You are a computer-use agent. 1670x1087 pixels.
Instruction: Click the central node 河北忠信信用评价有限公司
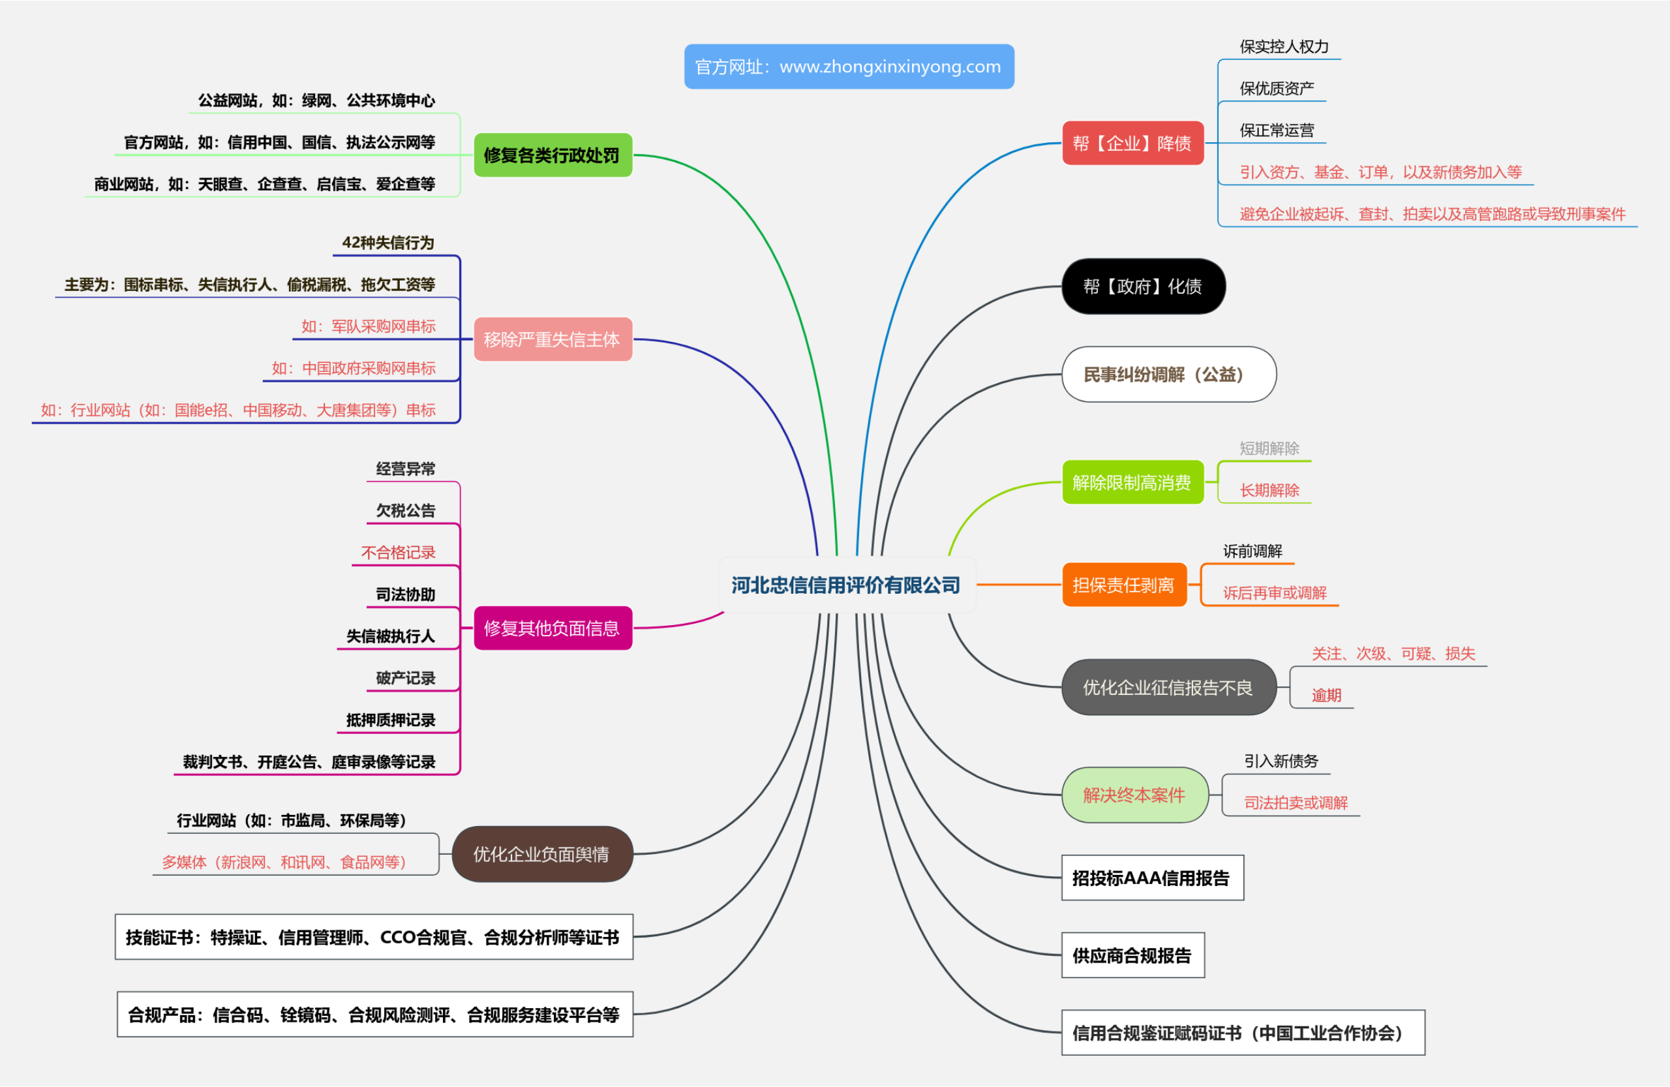click(846, 585)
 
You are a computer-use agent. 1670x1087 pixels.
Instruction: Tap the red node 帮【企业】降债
click(1132, 143)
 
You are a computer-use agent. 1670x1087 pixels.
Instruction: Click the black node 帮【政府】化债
click(1143, 286)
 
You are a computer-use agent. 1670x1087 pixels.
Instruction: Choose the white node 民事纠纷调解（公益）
click(1168, 375)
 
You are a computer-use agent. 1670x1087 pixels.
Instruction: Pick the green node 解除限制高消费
click(1132, 483)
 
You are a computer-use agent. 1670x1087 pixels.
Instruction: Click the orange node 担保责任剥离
click(1124, 585)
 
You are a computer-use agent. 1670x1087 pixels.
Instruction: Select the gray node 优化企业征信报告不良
click(1168, 688)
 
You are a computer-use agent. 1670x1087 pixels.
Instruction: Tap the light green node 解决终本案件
click(1134, 795)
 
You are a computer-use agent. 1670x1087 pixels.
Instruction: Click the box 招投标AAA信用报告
click(1152, 878)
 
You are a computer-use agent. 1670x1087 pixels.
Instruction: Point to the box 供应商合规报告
click(1132, 956)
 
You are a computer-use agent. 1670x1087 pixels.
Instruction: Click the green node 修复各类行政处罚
click(553, 155)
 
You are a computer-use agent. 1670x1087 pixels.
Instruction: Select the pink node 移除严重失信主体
click(553, 340)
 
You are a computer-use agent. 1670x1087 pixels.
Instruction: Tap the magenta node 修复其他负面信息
click(553, 628)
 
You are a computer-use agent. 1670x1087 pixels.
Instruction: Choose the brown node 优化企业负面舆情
click(541, 854)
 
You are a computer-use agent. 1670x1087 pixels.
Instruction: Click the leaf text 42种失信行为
click(388, 243)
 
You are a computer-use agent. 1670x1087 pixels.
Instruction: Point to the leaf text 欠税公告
click(406, 511)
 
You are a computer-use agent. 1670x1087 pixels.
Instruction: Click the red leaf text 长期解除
click(1269, 491)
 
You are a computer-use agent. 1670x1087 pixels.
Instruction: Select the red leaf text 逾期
click(1326, 696)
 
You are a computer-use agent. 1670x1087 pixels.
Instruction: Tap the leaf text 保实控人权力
click(1284, 47)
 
